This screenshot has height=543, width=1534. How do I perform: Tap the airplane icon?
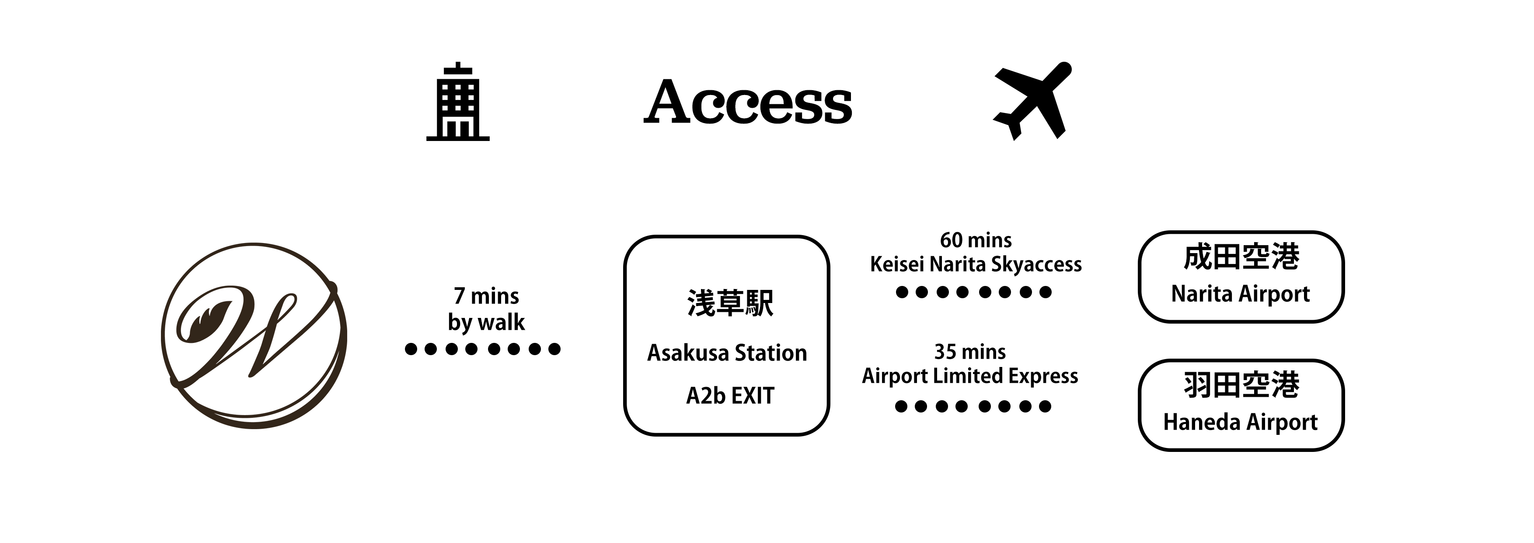[x=1032, y=101]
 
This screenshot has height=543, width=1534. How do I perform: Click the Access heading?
[x=748, y=102]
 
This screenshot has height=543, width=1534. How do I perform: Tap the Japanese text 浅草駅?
[x=730, y=303]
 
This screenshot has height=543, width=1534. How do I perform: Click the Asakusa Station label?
[x=727, y=353]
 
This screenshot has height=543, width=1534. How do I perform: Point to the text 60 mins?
[x=976, y=240]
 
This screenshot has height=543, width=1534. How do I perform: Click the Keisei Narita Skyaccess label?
[x=976, y=264]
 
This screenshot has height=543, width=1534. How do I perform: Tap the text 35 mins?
[x=970, y=352]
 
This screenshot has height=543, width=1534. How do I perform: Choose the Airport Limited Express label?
[x=970, y=376]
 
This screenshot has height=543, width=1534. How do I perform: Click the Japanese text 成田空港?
[x=1241, y=257]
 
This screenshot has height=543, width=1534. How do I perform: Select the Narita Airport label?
[x=1241, y=294]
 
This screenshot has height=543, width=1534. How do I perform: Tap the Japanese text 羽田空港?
[x=1241, y=384]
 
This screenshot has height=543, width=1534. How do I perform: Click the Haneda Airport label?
[x=1241, y=422]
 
